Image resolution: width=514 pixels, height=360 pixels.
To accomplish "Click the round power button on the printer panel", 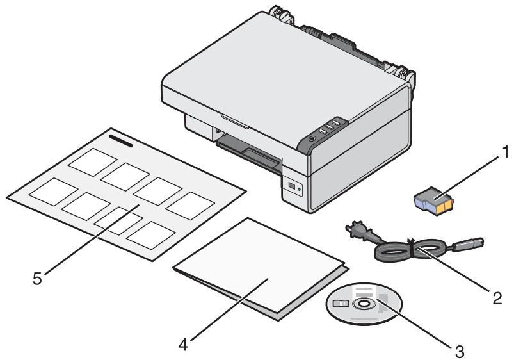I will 312,137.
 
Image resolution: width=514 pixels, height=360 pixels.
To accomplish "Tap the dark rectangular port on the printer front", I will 293,186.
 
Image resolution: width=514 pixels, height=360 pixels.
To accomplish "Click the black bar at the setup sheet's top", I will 120,140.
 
